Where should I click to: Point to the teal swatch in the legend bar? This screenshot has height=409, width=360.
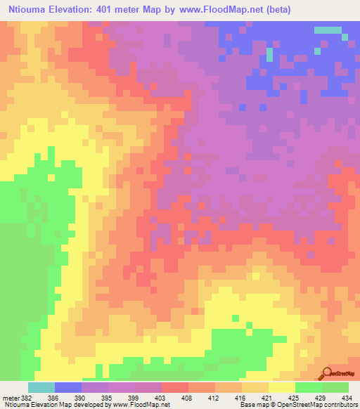[41, 387]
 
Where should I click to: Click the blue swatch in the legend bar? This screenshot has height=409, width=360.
[68, 387]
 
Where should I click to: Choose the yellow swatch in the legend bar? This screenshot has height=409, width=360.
[282, 387]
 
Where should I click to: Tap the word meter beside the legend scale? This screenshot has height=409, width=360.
[10, 397]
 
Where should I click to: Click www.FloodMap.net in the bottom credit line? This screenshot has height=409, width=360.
[143, 405]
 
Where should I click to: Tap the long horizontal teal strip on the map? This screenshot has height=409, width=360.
[326, 30]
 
